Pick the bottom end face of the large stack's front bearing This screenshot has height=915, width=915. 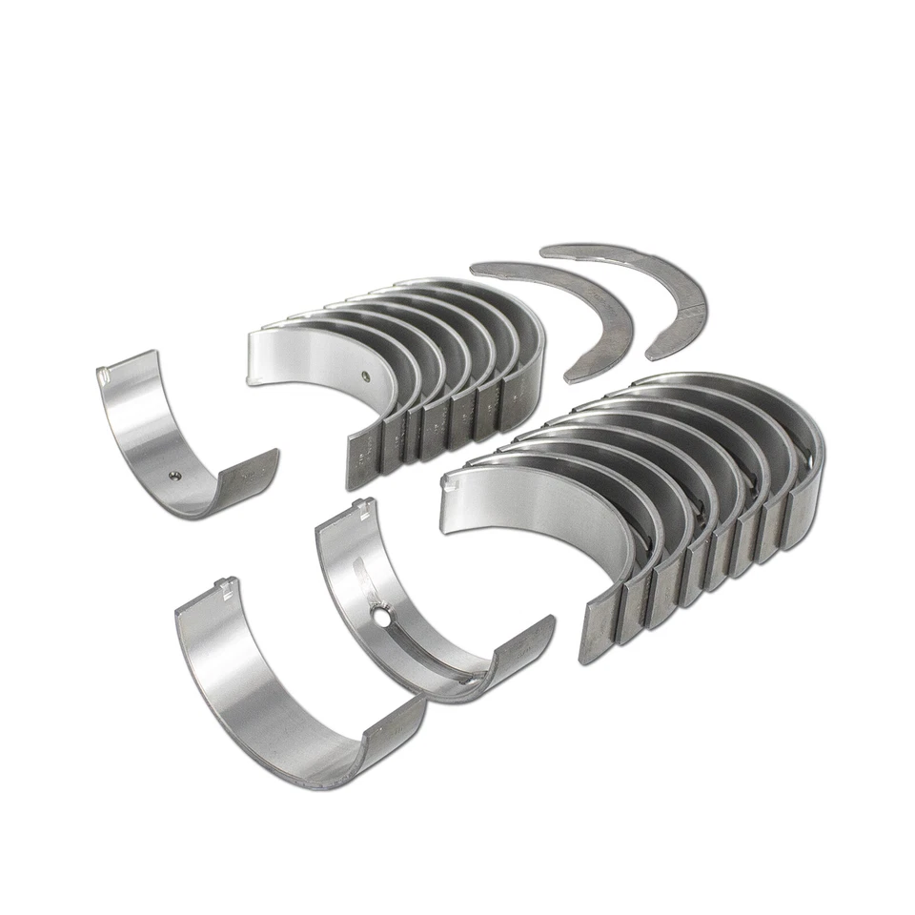[600, 629]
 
